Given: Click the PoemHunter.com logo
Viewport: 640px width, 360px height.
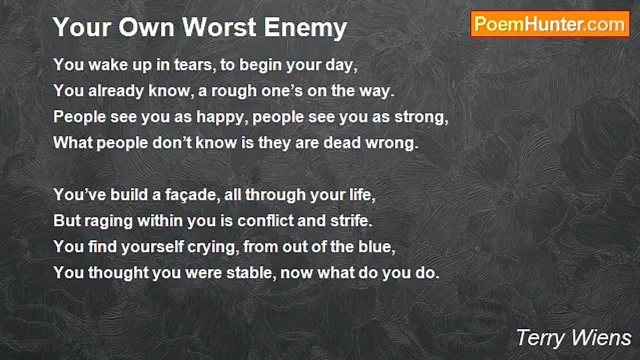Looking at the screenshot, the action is coord(550,24).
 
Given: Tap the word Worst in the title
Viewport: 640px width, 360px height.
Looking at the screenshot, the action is coord(219,27).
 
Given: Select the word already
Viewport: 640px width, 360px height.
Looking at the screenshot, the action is coord(115,91).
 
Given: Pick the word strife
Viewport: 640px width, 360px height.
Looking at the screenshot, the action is coord(351,221).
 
